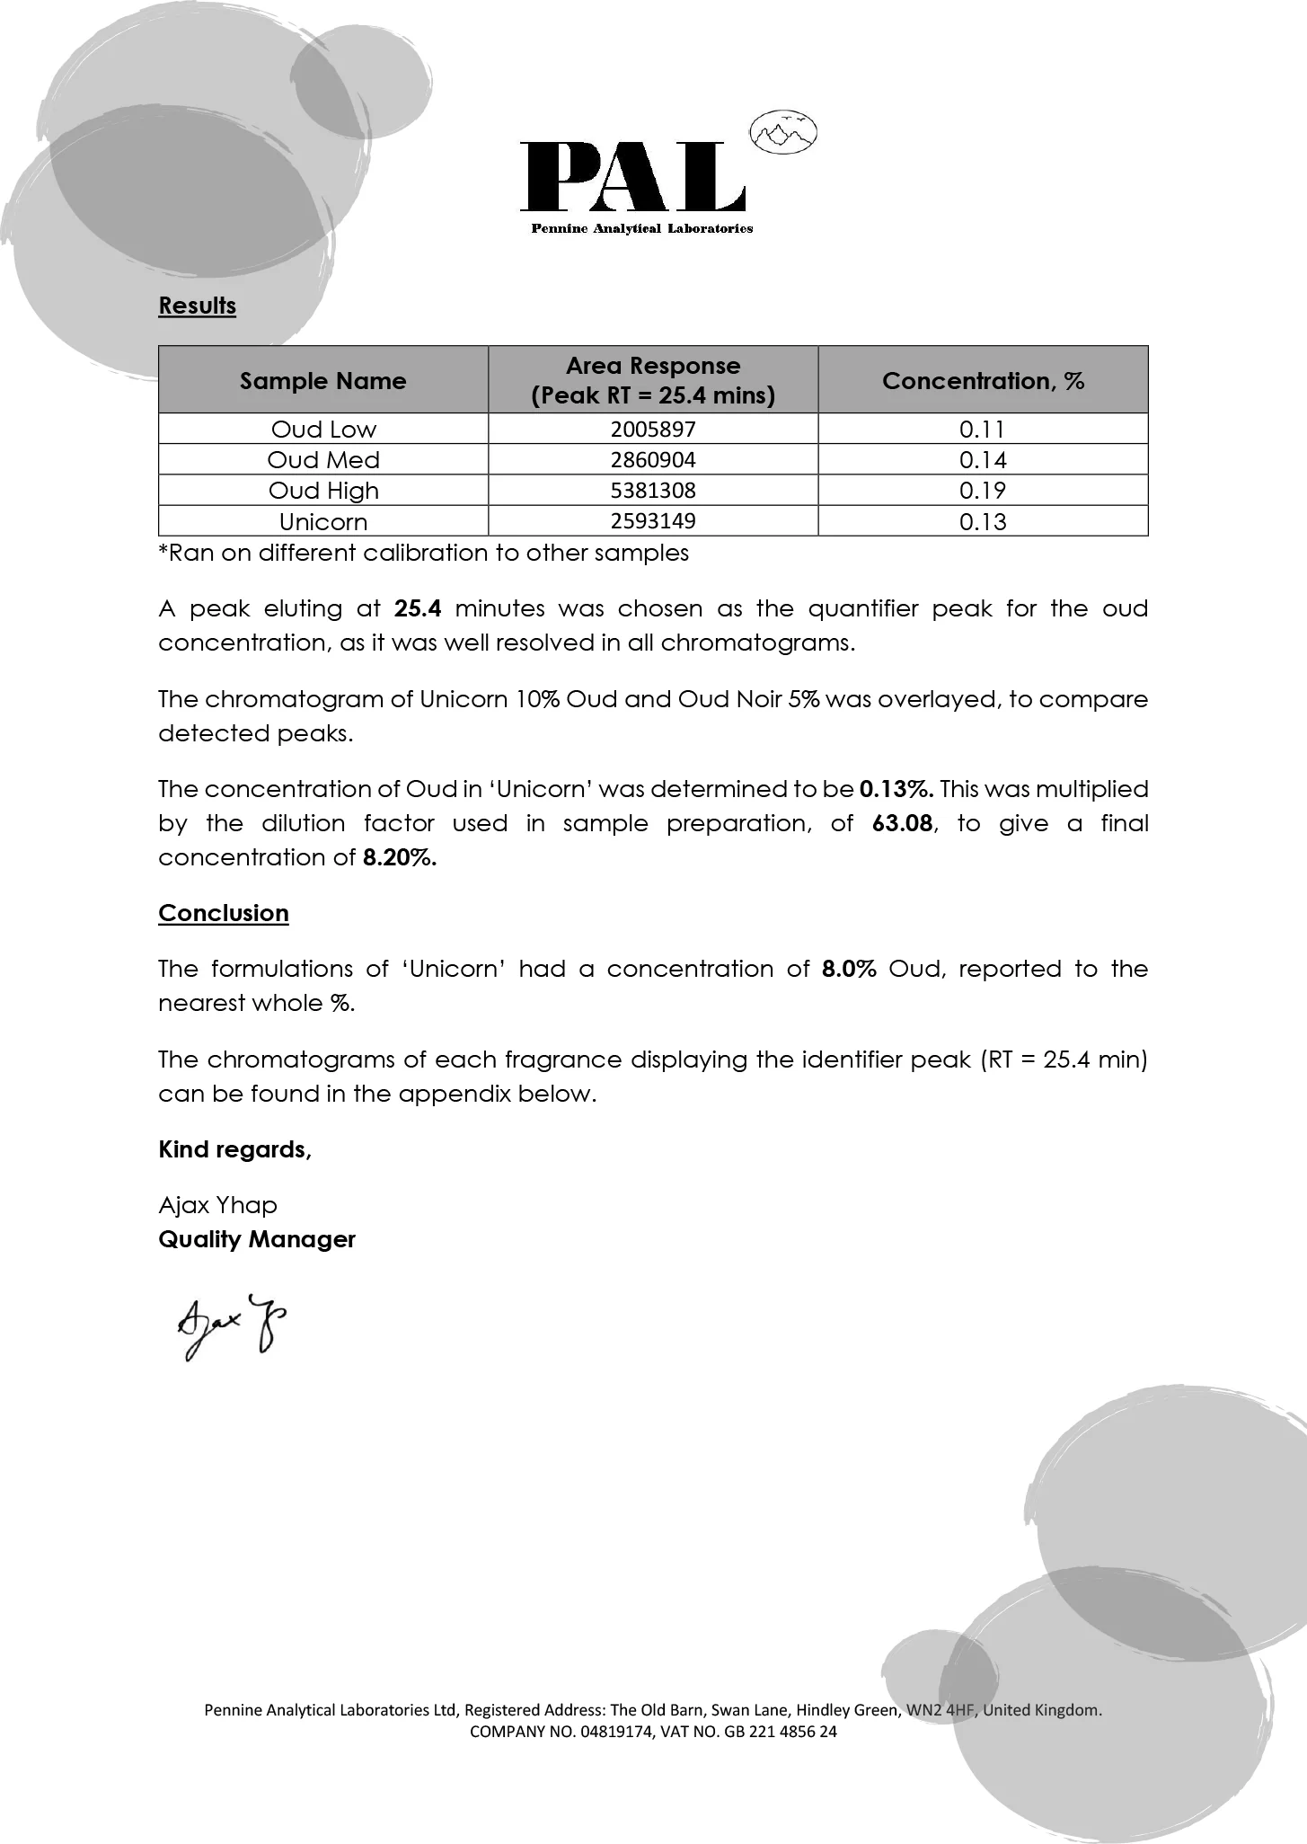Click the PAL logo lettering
pyautogui.click(x=633, y=176)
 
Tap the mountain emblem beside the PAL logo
pyautogui.click(x=783, y=133)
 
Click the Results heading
pyautogui.click(x=197, y=306)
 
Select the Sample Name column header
pyautogui.click(x=322, y=381)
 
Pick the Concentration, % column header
pyautogui.click(x=983, y=381)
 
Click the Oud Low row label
pyautogui.click(x=323, y=430)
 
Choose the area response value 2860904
pyautogui.click(x=653, y=460)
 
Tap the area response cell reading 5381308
pyautogui.click(x=653, y=491)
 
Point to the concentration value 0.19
pyautogui.click(x=983, y=491)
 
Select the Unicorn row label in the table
pyautogui.click(x=323, y=522)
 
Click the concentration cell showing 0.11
pyautogui.click(x=983, y=430)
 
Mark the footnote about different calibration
pyautogui.click(x=423, y=553)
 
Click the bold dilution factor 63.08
pyautogui.click(x=902, y=823)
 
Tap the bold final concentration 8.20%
pyautogui.click(x=400, y=857)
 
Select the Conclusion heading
pyautogui.click(x=224, y=913)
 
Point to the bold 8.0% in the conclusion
pyautogui.click(x=849, y=969)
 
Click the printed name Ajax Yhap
pyautogui.click(x=217, y=1205)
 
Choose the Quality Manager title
pyautogui.click(x=257, y=1239)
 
